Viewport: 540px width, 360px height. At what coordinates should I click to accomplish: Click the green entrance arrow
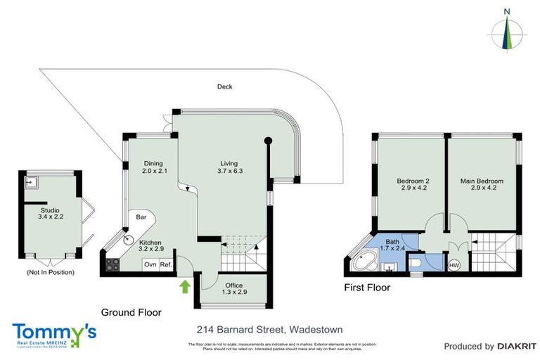tap(185, 286)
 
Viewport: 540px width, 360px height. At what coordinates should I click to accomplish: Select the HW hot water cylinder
tap(454, 265)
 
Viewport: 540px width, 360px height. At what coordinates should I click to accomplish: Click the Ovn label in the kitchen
tap(150, 265)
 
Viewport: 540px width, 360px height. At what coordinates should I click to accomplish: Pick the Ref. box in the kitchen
tap(166, 265)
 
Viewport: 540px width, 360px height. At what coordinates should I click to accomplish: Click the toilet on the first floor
tap(416, 263)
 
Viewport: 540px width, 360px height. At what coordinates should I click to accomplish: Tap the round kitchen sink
tap(129, 240)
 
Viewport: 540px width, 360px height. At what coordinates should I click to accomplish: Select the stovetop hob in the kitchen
tap(111, 266)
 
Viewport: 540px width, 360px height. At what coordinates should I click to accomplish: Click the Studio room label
tap(49, 213)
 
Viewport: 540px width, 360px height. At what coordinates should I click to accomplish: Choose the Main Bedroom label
tap(482, 184)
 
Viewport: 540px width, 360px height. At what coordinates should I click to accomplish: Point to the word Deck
tap(224, 87)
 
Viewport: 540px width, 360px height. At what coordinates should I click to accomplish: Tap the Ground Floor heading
tap(131, 312)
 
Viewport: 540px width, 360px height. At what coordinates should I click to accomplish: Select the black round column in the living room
tap(268, 141)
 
